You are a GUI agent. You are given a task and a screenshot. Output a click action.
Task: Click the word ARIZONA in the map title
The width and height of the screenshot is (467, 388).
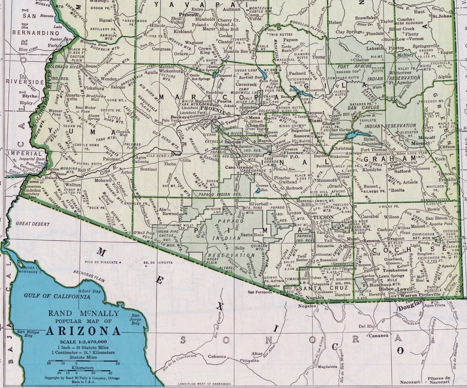point(83,331)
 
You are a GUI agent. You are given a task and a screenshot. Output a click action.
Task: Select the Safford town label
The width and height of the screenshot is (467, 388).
point(402,171)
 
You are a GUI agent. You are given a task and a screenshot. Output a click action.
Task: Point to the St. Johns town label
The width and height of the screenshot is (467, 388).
point(442,16)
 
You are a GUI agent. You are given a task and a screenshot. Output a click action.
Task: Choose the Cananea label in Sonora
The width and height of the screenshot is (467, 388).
point(378,335)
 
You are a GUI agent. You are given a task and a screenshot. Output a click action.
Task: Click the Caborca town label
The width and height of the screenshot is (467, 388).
point(217,356)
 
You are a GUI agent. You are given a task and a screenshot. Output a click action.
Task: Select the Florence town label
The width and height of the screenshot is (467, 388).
point(294,153)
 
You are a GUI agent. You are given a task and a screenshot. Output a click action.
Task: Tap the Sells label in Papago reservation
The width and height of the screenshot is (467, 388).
point(239,248)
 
